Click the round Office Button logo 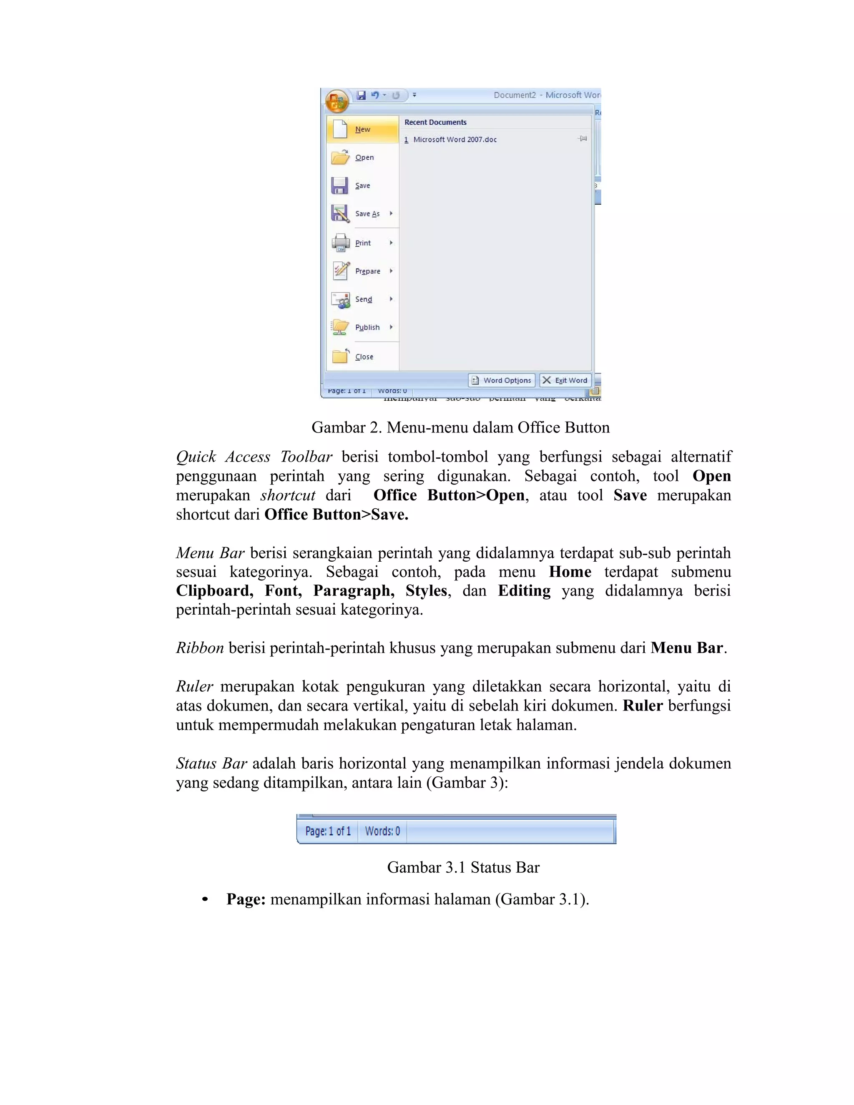(337, 100)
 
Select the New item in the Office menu (362, 130)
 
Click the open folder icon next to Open (340, 157)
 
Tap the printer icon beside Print (341, 243)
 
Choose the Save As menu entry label (367, 214)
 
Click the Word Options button (502, 380)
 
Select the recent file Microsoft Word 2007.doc (455, 140)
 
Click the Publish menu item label (367, 327)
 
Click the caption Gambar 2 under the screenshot (460, 427)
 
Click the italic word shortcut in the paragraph (288, 495)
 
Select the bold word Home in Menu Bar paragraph (570, 572)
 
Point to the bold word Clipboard (214, 590)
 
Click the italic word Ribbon (200, 648)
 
